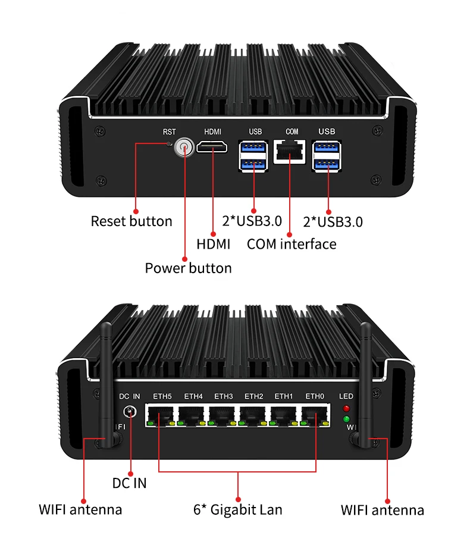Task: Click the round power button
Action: tap(184, 148)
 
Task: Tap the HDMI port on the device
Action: tap(212, 146)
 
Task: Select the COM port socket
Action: tap(290, 151)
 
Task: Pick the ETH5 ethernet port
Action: tap(161, 415)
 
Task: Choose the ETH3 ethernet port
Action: tap(223, 415)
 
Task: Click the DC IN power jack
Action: tap(130, 412)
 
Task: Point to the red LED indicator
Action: tap(346, 408)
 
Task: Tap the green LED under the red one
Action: tap(346, 420)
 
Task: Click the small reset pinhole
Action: tap(169, 143)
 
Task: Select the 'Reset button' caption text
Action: tap(131, 221)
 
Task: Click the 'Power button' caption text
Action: tap(188, 268)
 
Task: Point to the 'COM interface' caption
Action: tap(292, 244)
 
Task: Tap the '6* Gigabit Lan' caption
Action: tap(238, 510)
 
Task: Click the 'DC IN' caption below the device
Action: tap(129, 483)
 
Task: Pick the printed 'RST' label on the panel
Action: tap(169, 132)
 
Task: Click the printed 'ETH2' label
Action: tap(254, 396)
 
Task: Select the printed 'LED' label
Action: tap(346, 396)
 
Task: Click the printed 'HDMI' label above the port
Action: tap(212, 132)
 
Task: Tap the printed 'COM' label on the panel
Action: tap(292, 132)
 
